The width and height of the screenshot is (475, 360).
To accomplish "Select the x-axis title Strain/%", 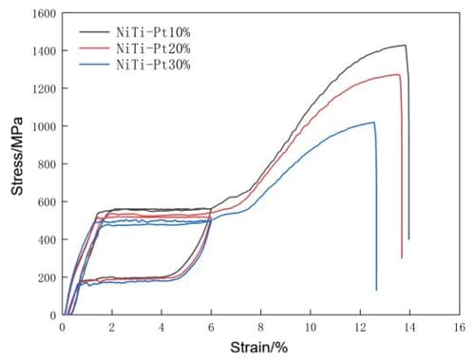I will click(x=259, y=348).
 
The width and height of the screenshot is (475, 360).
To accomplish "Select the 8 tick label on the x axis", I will click(x=260, y=327).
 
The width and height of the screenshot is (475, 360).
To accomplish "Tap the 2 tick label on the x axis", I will click(x=112, y=327).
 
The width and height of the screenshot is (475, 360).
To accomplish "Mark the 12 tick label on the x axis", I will click(x=359, y=327).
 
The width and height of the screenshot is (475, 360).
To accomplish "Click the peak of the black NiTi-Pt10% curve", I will click(x=405, y=45).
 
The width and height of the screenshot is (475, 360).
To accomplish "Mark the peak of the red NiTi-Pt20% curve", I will click(x=397, y=74).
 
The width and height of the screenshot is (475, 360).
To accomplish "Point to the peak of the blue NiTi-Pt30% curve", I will click(x=373, y=122).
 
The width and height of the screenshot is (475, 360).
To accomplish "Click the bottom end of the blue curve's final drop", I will click(x=376, y=290).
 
